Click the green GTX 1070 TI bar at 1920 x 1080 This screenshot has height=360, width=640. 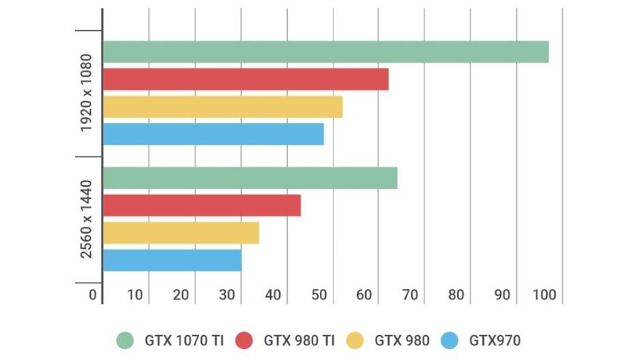(x=325, y=52)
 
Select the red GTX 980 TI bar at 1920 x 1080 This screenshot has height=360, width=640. (x=245, y=80)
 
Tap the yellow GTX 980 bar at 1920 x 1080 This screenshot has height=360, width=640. (x=222, y=107)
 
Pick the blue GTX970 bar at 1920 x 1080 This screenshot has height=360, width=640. (x=213, y=134)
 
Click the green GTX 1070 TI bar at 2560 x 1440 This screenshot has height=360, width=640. (x=250, y=178)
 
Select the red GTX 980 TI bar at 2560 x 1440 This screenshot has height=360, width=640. (x=202, y=206)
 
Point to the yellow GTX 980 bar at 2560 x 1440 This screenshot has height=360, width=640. (x=180, y=233)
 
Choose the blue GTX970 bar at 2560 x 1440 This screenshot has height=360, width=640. (x=172, y=260)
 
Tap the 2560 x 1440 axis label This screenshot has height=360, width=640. (x=86, y=219)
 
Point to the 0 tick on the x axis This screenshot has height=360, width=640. (x=93, y=295)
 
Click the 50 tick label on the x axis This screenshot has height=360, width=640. (x=319, y=295)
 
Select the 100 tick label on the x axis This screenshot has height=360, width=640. (x=545, y=295)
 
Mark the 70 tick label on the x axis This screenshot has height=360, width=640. (x=411, y=295)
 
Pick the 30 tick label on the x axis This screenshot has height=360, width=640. (x=227, y=295)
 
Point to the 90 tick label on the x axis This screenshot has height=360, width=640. (x=502, y=295)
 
